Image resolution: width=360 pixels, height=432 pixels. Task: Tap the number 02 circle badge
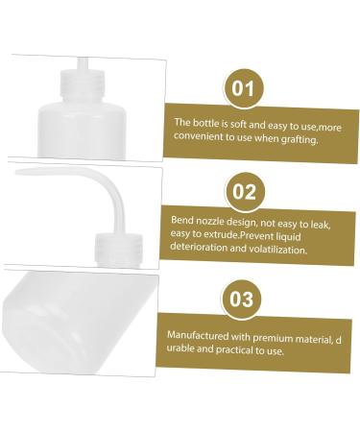[x=244, y=192]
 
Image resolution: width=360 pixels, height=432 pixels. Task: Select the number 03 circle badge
[x=244, y=298]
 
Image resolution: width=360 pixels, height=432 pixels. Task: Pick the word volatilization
[x=276, y=249]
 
